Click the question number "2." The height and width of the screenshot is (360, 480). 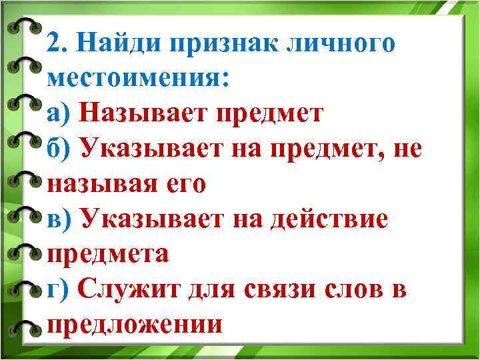59,43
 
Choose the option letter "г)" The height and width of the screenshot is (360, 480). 57,290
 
